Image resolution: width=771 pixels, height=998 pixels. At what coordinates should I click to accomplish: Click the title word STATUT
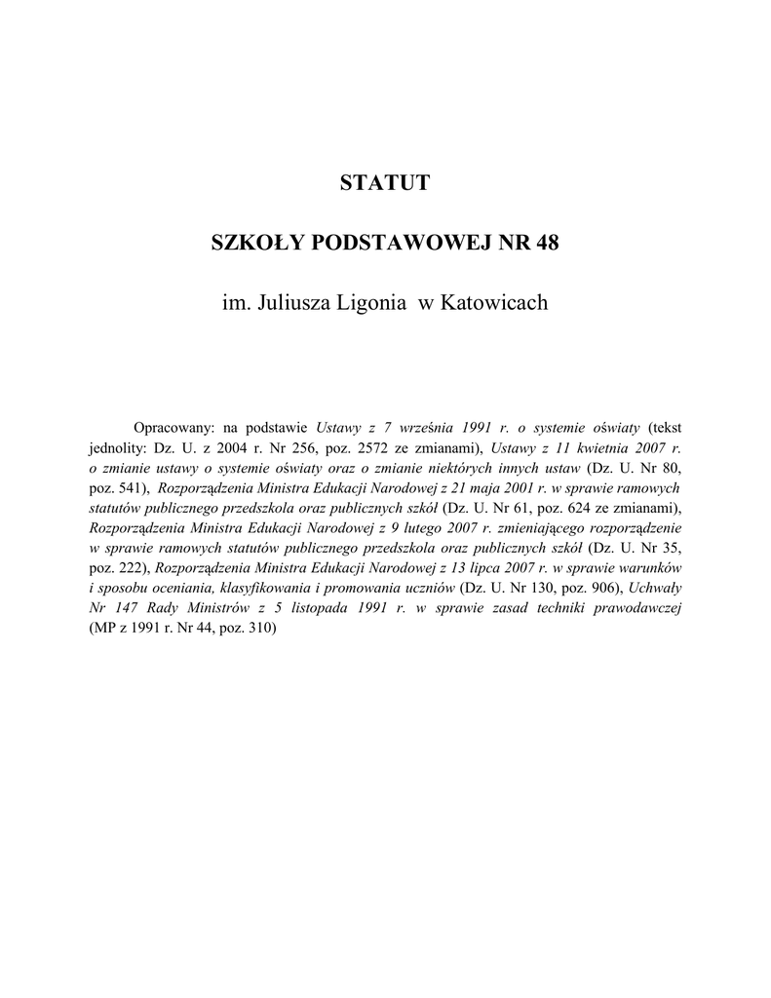[x=384, y=183]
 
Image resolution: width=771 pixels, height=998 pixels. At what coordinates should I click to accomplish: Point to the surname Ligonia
[x=370, y=304]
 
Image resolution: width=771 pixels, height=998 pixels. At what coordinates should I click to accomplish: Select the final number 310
[x=263, y=631]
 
